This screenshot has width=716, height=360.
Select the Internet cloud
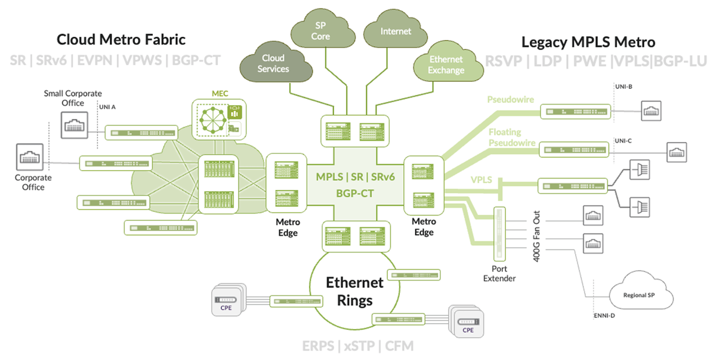[x=396, y=31]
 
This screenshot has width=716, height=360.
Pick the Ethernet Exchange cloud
[x=446, y=64]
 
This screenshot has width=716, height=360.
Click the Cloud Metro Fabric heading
[x=121, y=40]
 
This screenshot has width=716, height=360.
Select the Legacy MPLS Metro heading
[x=588, y=42]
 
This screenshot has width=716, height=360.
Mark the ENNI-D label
[x=605, y=315]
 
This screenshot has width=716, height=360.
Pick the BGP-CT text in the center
[x=354, y=193]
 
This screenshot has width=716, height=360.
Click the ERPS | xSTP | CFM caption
[x=357, y=346]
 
